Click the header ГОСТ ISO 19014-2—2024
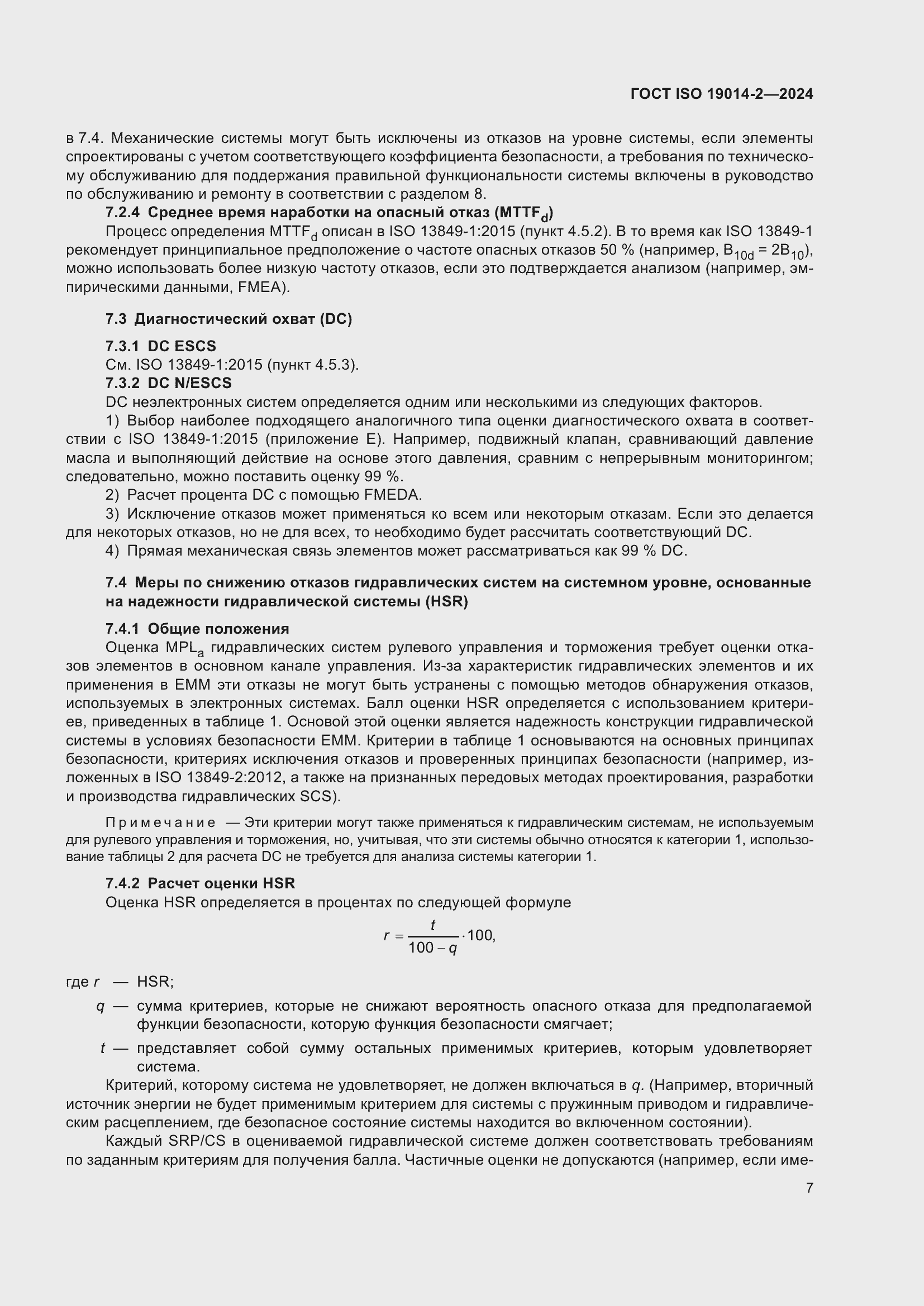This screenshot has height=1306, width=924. point(721,94)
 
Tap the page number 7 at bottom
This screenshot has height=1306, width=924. point(809,1187)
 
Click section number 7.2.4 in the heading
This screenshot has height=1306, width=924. point(122,213)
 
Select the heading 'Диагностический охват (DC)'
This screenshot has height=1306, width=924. point(243,319)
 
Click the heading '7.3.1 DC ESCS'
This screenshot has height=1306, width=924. point(160,346)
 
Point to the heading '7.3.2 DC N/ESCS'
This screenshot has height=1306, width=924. point(168,383)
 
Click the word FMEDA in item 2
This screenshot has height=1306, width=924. point(396,495)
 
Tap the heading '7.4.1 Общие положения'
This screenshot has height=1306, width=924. point(197,629)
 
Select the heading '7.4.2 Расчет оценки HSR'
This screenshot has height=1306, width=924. point(201,883)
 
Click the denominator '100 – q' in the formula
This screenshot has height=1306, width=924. point(433,948)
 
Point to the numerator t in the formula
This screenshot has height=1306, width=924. point(433,926)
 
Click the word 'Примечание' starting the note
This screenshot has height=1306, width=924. point(160,823)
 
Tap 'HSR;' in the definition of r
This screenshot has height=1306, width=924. point(155,982)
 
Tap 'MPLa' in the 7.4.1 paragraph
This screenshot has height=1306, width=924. point(184,648)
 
